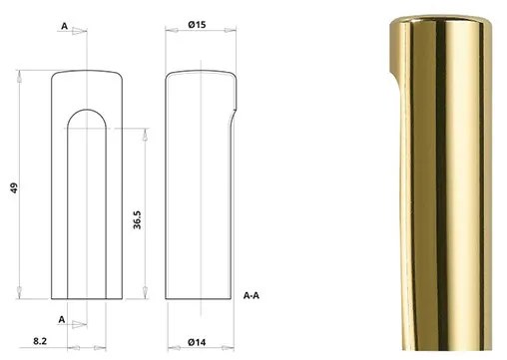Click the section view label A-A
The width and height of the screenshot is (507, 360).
[254, 295]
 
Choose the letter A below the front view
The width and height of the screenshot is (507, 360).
[63, 319]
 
